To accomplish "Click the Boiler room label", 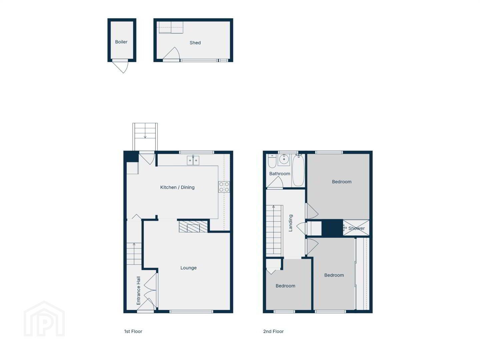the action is click(x=121, y=42).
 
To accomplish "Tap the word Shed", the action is click(x=195, y=43).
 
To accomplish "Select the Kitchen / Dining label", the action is click(x=177, y=187).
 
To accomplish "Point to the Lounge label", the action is click(x=188, y=268).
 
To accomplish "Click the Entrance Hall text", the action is click(x=138, y=291).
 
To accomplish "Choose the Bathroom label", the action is click(x=280, y=174).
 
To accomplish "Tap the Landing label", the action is click(x=291, y=223).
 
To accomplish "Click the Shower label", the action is click(x=357, y=228).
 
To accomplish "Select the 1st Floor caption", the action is click(x=133, y=331).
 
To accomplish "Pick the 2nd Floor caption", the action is click(x=273, y=331).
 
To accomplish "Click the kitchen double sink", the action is click(x=193, y=160).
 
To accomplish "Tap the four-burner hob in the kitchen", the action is click(x=224, y=187).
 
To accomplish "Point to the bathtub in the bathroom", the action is click(x=298, y=170).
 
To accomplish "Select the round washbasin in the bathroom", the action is click(x=284, y=159).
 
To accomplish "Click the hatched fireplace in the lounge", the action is click(x=193, y=227).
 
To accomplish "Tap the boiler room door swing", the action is click(x=120, y=66).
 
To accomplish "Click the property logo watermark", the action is click(x=44, y=319).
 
